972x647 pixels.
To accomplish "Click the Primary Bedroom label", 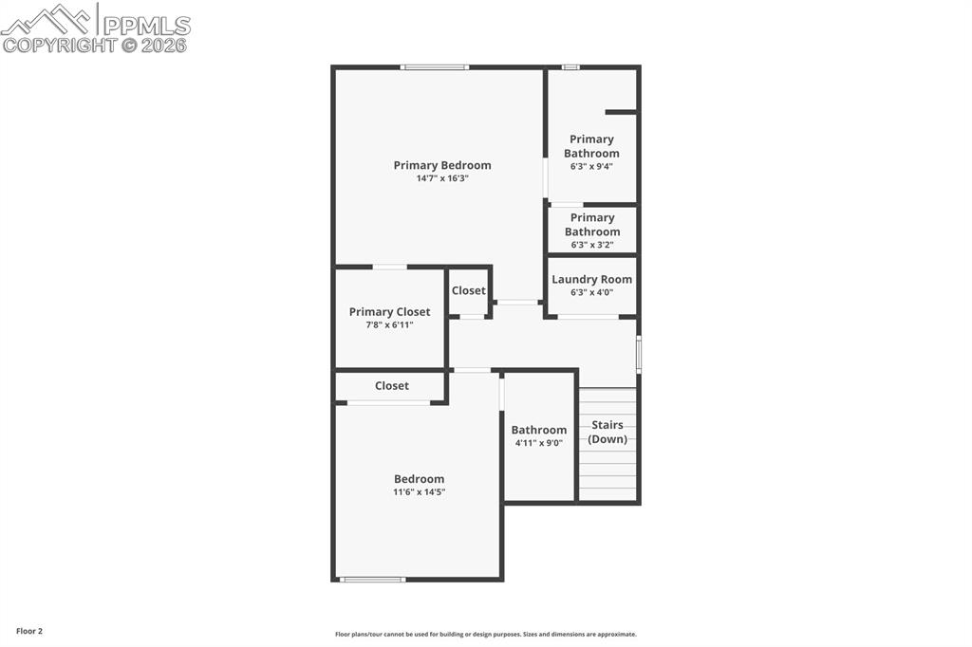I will pyautogui.click(x=442, y=165).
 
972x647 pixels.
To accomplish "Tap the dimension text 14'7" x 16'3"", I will pyautogui.click(x=442, y=178).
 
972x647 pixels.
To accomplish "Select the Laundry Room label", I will pyautogui.click(x=591, y=279).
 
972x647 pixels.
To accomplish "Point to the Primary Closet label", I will pyautogui.click(x=389, y=312).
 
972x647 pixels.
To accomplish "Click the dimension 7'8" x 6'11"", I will pyautogui.click(x=389, y=325).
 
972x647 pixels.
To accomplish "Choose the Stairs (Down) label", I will pyautogui.click(x=607, y=432).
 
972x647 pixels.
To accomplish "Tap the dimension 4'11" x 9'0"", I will pyautogui.click(x=539, y=443).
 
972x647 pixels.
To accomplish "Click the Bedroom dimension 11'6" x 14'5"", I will pyautogui.click(x=419, y=492).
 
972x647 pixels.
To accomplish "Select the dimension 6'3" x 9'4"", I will pyautogui.click(x=591, y=166).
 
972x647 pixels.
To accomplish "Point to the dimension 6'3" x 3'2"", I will pyautogui.click(x=591, y=245).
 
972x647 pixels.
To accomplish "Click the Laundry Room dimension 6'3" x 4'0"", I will pyautogui.click(x=591, y=292).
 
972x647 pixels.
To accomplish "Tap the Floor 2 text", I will pyautogui.click(x=29, y=631).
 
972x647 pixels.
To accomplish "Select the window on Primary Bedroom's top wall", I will pyautogui.click(x=434, y=67).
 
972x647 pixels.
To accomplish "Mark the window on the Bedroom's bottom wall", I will pyautogui.click(x=372, y=579).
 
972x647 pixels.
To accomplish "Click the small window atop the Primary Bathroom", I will pyautogui.click(x=570, y=67).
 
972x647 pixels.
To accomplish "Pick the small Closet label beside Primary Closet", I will pyautogui.click(x=468, y=290).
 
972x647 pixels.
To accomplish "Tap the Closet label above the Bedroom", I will pyautogui.click(x=391, y=385).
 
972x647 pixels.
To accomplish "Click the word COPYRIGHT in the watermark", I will pyautogui.click(x=59, y=45).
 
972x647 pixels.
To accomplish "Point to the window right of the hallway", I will pyautogui.click(x=639, y=354).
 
